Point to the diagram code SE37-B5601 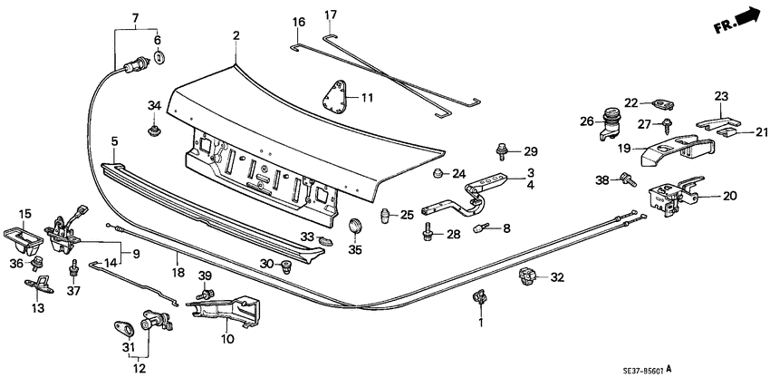[712, 371]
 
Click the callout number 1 [481, 322]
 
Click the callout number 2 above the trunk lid [236, 35]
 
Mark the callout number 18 [178, 272]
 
